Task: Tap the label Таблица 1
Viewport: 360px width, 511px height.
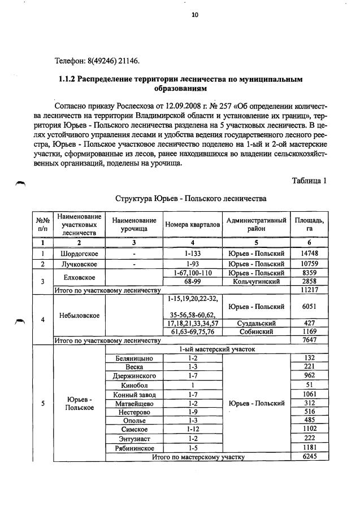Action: [x=309, y=181]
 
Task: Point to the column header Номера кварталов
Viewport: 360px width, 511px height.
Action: [x=193, y=224]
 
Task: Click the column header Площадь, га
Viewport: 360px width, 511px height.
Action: [x=309, y=224]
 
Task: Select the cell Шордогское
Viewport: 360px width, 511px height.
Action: [x=79, y=254]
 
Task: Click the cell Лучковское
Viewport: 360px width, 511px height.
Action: [x=79, y=264]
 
